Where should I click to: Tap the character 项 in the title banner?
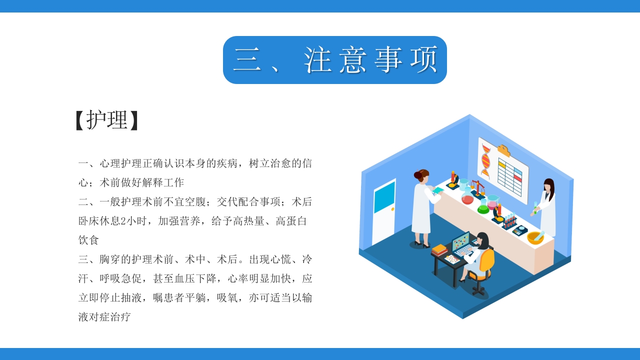pyautogui.click(x=423, y=60)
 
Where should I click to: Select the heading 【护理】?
pyautogui.click(x=106, y=120)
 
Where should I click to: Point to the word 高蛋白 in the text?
pyautogui.click(x=291, y=221)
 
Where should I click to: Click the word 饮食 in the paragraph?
pyautogui.click(x=89, y=240)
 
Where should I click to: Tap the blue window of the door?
pyautogui.click(x=384, y=197)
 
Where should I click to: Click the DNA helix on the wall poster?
pyautogui.click(x=485, y=159)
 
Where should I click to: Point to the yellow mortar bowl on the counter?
pyautogui.click(x=535, y=237)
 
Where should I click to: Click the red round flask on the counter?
pyautogui.click(x=467, y=198)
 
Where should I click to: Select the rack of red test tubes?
pyautogui.click(x=509, y=219)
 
